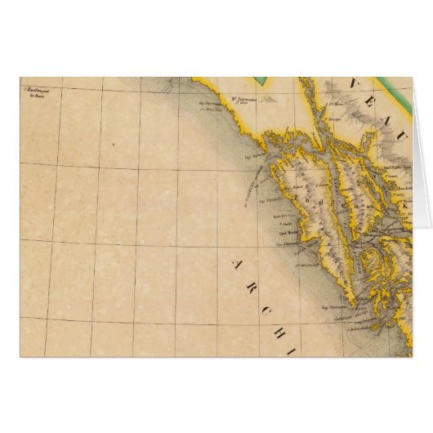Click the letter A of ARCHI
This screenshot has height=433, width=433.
237,265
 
